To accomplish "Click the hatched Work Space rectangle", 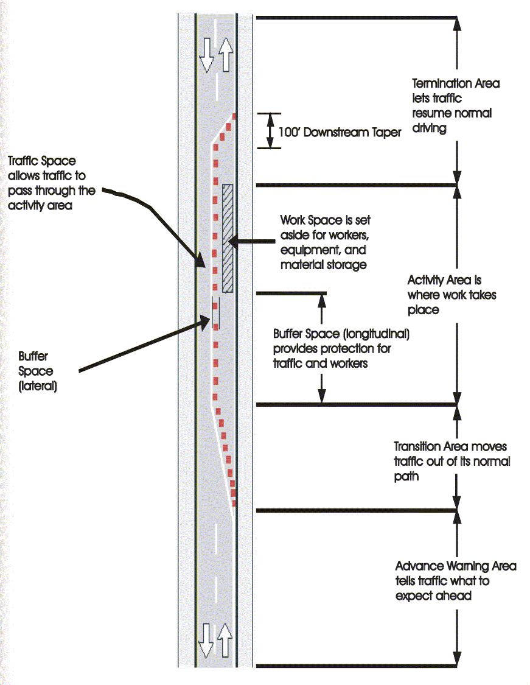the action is (228, 238).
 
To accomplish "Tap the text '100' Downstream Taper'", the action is (340, 132).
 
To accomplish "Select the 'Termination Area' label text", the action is (456, 83).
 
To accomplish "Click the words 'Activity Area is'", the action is (444, 280).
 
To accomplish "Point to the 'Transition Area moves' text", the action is (450, 446).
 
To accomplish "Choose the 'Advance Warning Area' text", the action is (456, 566).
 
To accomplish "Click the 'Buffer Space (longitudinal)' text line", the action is (341, 334).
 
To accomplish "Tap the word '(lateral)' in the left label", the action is (38, 386).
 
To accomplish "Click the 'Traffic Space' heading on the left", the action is (42, 161).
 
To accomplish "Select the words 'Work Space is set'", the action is (326, 220).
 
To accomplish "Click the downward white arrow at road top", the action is (206, 55).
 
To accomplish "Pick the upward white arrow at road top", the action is (225, 55).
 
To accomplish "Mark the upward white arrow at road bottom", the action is (225, 640).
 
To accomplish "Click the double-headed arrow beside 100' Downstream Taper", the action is (270, 131).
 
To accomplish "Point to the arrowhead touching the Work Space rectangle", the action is (233, 241).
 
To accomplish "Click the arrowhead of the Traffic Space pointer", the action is (200, 261).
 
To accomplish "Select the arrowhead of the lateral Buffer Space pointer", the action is (206, 322).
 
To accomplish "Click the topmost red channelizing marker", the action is (234, 117).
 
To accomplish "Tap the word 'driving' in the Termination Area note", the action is (429, 128).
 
